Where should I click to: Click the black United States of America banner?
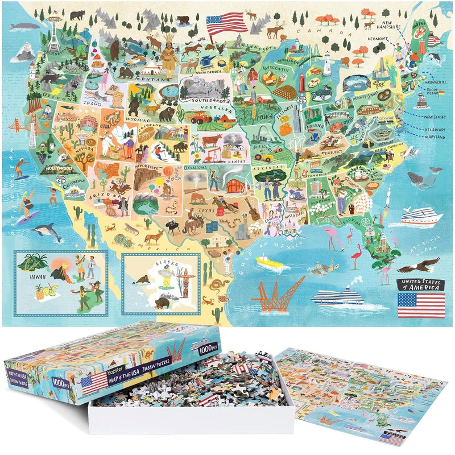pyautogui.click(x=420, y=284)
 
